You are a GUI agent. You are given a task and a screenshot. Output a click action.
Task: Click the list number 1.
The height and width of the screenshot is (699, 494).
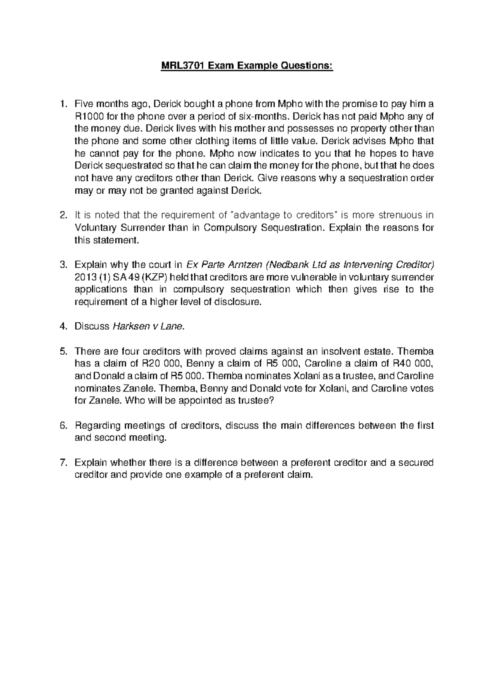[63, 104]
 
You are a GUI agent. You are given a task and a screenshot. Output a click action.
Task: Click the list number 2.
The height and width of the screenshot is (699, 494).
[63, 215]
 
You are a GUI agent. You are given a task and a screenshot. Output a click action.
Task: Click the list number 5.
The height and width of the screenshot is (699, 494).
[63, 352]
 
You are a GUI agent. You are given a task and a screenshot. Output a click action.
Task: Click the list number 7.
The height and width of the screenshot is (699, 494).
[63, 463]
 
